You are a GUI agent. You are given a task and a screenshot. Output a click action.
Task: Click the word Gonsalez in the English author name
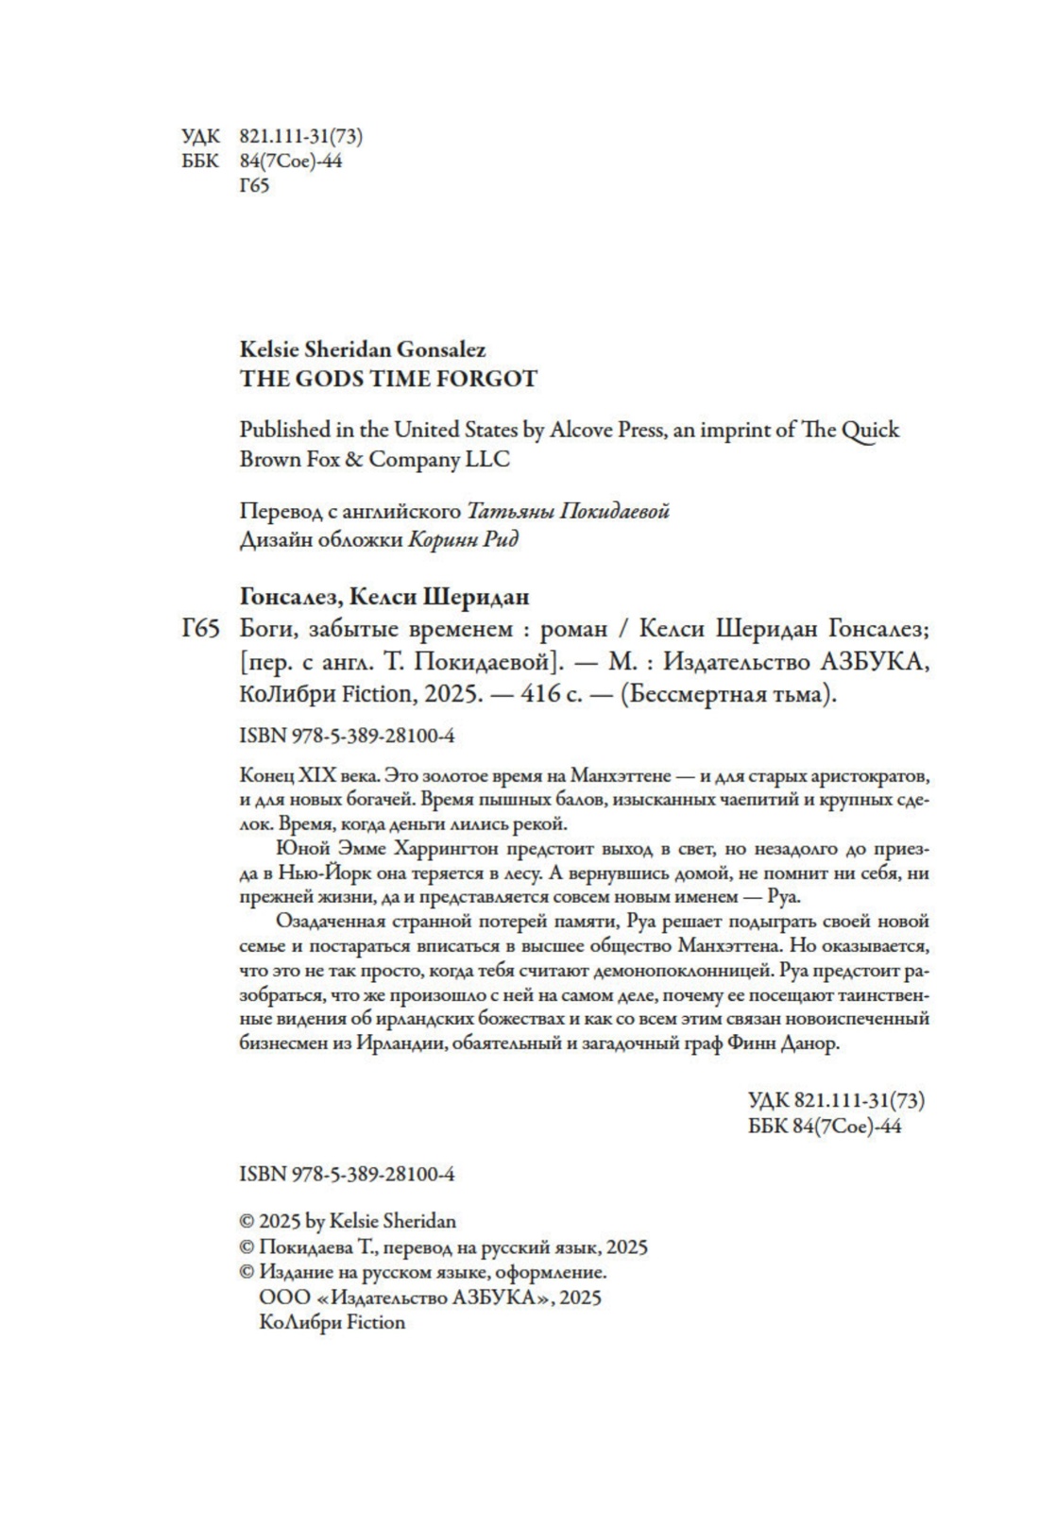pyautogui.click(x=441, y=350)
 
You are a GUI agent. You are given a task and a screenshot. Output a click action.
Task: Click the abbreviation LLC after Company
pyautogui.click(x=488, y=459)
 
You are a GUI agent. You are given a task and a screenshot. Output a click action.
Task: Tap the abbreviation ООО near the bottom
pyautogui.click(x=278, y=1297)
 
